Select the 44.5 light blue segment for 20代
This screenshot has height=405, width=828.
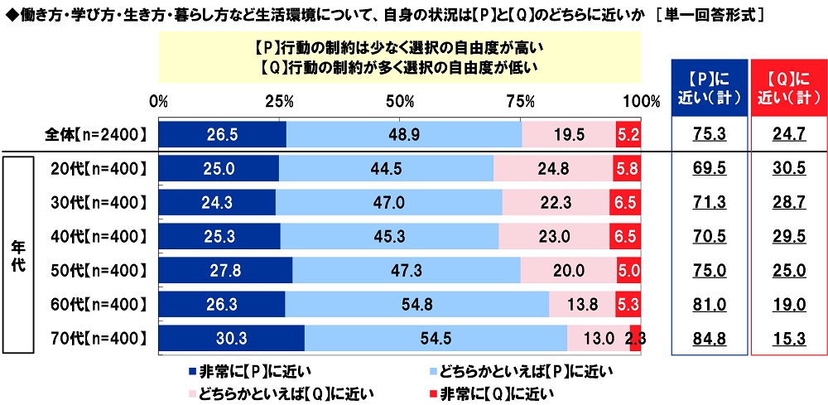point(386,169)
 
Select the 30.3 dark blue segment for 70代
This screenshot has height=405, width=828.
point(231,338)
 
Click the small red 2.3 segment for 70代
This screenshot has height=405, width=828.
point(635,338)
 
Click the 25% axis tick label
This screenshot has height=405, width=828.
point(280,102)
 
